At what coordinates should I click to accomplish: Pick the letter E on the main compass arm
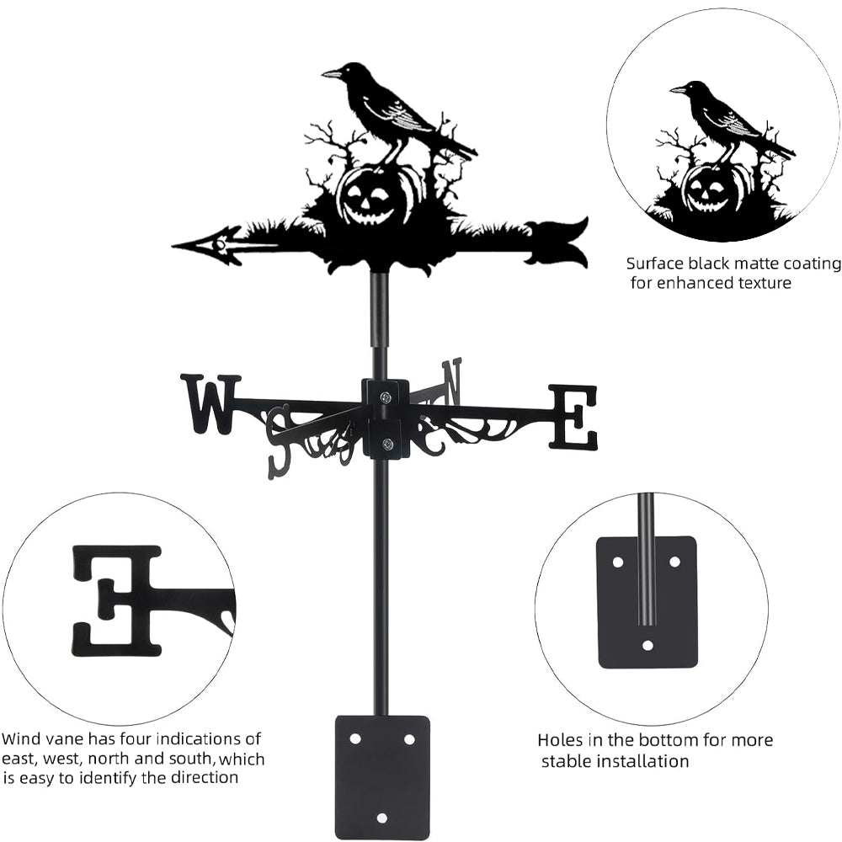pyautogui.click(x=574, y=416)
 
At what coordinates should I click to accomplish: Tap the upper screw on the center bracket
pyautogui.click(x=385, y=397)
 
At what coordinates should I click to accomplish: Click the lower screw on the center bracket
pyautogui.click(x=386, y=445)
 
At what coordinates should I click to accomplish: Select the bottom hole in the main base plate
pyautogui.click(x=381, y=818)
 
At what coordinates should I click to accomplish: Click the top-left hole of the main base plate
pyautogui.click(x=355, y=738)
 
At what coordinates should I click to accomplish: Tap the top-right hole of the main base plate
pyautogui.click(x=409, y=738)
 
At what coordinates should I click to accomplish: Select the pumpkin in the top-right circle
pyautogui.click(x=707, y=189)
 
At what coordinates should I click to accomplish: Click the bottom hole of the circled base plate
pyautogui.click(x=647, y=646)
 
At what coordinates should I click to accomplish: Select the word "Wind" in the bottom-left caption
pyautogui.click(x=21, y=739)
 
